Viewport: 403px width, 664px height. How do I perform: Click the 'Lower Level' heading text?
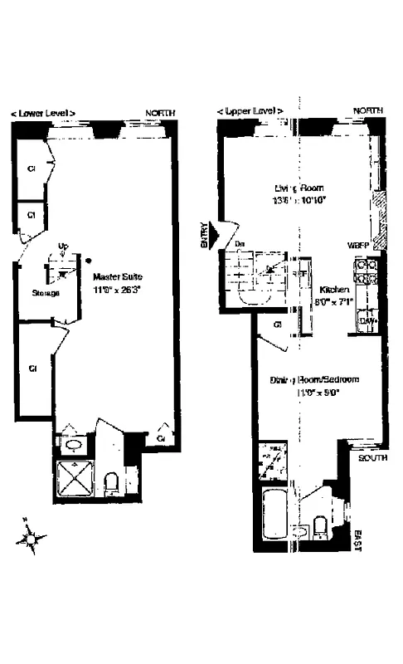[43, 112]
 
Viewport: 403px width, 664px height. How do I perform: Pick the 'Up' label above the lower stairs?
[63, 246]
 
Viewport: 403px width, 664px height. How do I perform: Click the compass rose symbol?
[31, 539]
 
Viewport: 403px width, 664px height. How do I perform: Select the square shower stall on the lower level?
[75, 479]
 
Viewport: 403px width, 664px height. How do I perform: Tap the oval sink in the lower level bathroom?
[73, 445]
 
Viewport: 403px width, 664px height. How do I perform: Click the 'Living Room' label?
[299, 188]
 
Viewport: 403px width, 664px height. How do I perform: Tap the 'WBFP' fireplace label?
[358, 246]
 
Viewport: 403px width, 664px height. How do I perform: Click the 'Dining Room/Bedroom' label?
[314, 380]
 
